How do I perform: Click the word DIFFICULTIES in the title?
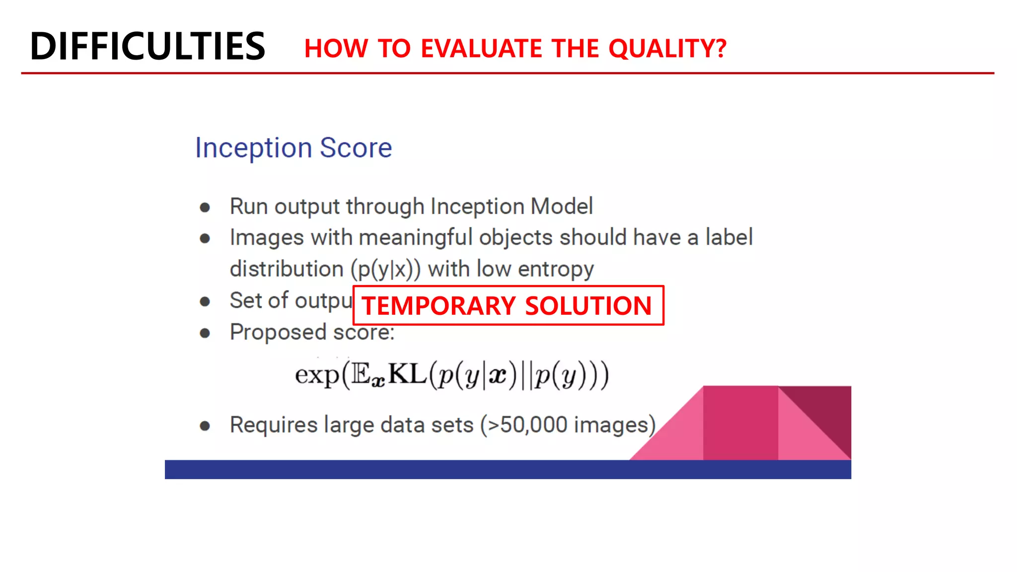click(147, 46)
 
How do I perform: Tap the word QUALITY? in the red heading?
click(667, 49)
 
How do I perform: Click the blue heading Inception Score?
click(293, 148)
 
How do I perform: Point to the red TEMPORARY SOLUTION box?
click(508, 305)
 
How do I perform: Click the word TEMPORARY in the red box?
click(438, 306)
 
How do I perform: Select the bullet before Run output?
click(205, 208)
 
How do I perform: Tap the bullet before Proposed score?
click(205, 333)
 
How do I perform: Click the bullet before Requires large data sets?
click(205, 426)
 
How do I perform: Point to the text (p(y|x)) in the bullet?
click(385, 270)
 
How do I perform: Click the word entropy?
click(556, 270)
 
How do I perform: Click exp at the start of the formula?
click(317, 375)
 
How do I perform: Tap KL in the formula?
click(407, 374)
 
